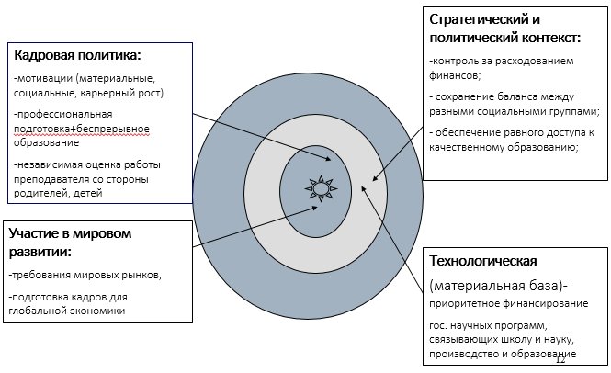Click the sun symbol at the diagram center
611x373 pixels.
pyautogui.click(x=321, y=188)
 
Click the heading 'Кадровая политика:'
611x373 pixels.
pyautogui.click(x=77, y=55)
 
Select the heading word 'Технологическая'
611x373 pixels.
pyautogui.click(x=483, y=261)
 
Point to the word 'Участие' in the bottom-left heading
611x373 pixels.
pyautogui.click(x=33, y=234)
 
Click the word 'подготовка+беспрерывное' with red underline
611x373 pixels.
pyautogui.click(x=82, y=129)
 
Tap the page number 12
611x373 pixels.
pyautogui.click(x=560, y=360)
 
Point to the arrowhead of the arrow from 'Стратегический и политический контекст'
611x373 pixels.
pyautogui.click(x=375, y=178)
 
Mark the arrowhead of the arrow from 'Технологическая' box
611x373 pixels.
pyautogui.click(x=363, y=189)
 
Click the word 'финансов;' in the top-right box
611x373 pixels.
pyautogui.click(x=455, y=75)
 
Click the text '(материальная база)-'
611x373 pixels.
pyautogui.click(x=498, y=286)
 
